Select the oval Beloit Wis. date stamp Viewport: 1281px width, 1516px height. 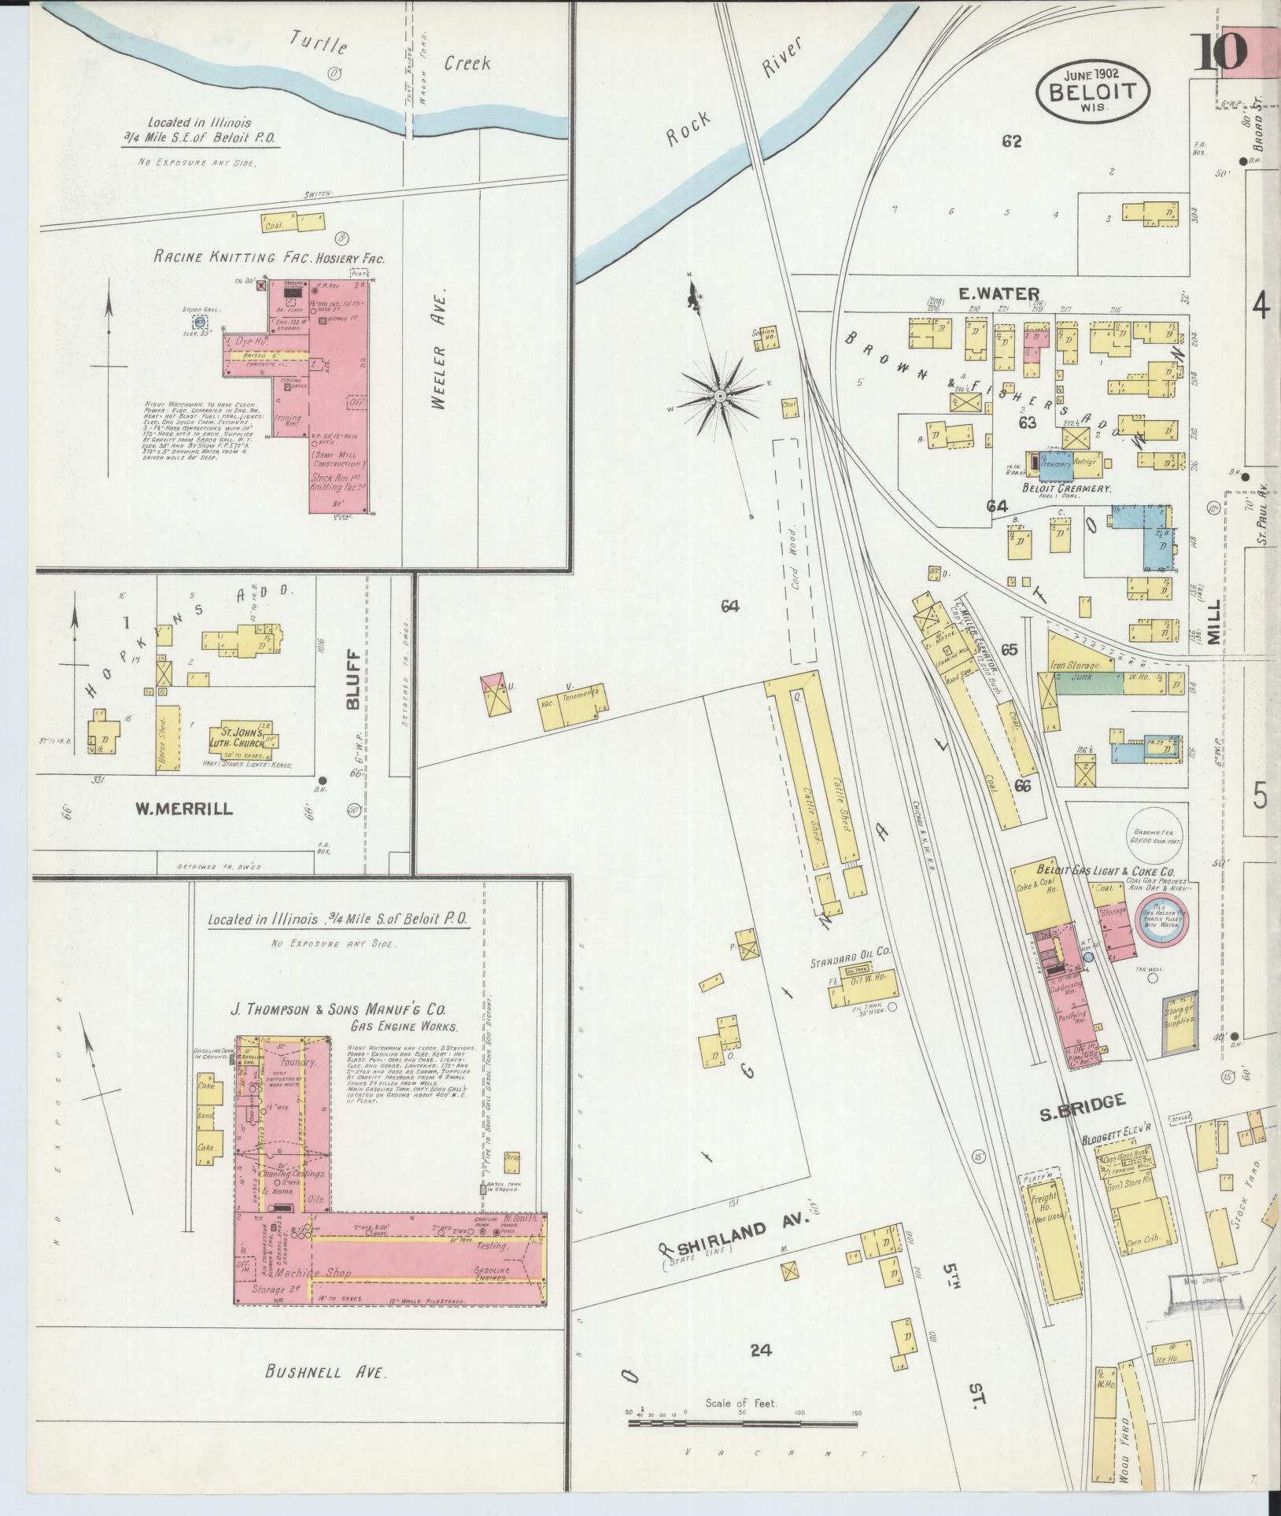coord(1093,90)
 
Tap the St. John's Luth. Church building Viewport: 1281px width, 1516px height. coord(246,736)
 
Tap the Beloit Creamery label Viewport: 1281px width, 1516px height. coord(1065,489)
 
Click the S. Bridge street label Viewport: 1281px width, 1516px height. coord(1081,1101)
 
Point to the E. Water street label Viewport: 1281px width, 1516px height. coord(987,294)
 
